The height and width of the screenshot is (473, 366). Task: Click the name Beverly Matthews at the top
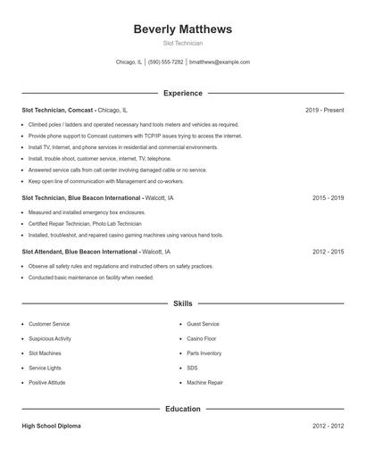coord(182,29)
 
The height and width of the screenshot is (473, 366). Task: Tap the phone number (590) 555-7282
coord(166,62)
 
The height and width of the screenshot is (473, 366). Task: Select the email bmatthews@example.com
coord(220,62)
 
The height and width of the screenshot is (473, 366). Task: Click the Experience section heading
coord(182,93)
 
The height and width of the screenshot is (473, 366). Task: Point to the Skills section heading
coord(182,303)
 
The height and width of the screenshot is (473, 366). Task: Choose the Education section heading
coord(182,409)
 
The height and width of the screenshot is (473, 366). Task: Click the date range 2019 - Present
coord(324,110)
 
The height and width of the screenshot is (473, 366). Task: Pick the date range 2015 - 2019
coord(328,197)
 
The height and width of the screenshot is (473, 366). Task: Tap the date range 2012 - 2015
coord(328,252)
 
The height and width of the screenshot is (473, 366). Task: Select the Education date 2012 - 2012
coord(328,426)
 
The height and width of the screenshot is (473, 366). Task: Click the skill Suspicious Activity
coord(50,338)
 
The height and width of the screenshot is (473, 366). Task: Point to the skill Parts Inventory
coord(204,353)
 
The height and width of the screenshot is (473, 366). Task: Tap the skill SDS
coord(192,368)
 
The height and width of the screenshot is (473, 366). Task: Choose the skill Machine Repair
coord(205,382)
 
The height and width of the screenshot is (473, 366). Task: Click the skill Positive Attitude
coord(48,382)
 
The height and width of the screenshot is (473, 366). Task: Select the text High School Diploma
coord(51,426)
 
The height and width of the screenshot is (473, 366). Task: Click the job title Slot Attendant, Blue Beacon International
coord(80,252)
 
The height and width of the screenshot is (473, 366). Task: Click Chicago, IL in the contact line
coord(129,62)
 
